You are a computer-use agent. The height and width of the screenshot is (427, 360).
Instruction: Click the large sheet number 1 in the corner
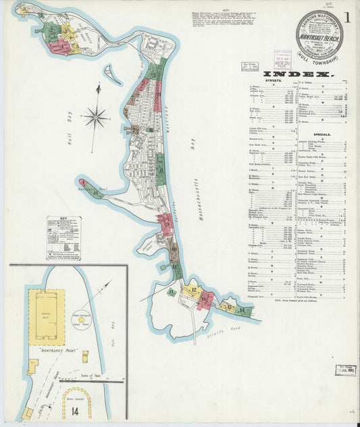pyautogui.click(x=347, y=15)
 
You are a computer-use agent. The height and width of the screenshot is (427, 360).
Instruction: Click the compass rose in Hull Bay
pyautogui.click(x=95, y=117)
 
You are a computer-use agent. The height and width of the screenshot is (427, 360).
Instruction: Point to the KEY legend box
pyautogui.click(x=63, y=237)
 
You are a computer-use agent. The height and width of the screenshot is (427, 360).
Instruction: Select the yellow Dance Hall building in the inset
pyautogui.click(x=47, y=317)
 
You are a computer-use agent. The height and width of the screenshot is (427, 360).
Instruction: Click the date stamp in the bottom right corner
pyautogui.click(x=347, y=370)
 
